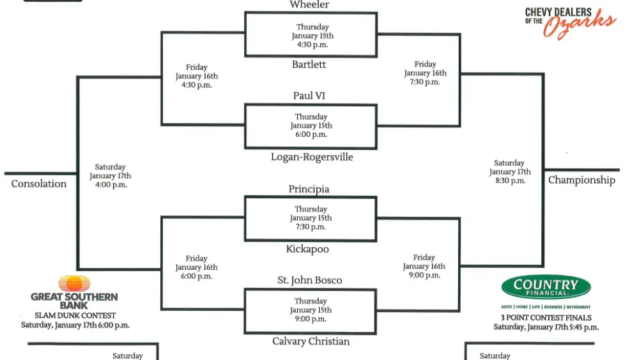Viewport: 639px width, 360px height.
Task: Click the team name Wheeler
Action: [309, 5]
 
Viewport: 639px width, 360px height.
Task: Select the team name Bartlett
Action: [309, 65]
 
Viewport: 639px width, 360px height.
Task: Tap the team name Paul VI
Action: [309, 96]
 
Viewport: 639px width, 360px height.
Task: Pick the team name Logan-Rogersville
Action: [312, 157]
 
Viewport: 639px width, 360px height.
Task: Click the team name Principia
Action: [309, 189]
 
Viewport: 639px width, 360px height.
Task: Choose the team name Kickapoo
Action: [307, 249]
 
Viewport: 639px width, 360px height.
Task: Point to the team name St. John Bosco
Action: [310, 281]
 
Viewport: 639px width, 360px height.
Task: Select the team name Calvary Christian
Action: [311, 341]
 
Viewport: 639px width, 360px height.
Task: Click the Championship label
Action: [581, 180]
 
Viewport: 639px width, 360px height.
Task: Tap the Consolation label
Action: [39, 184]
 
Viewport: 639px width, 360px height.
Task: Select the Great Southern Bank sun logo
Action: [74, 283]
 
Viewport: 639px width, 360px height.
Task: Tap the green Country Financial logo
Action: [546, 287]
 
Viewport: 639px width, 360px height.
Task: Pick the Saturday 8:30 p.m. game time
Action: [510, 172]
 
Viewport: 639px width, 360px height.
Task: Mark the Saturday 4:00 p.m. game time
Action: [110, 176]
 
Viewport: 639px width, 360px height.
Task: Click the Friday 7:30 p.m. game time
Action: [425, 73]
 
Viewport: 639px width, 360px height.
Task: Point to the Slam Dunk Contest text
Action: [75, 315]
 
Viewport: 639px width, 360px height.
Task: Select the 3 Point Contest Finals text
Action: [546, 318]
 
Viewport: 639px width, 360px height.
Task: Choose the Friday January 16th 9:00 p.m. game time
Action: [424, 267]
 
